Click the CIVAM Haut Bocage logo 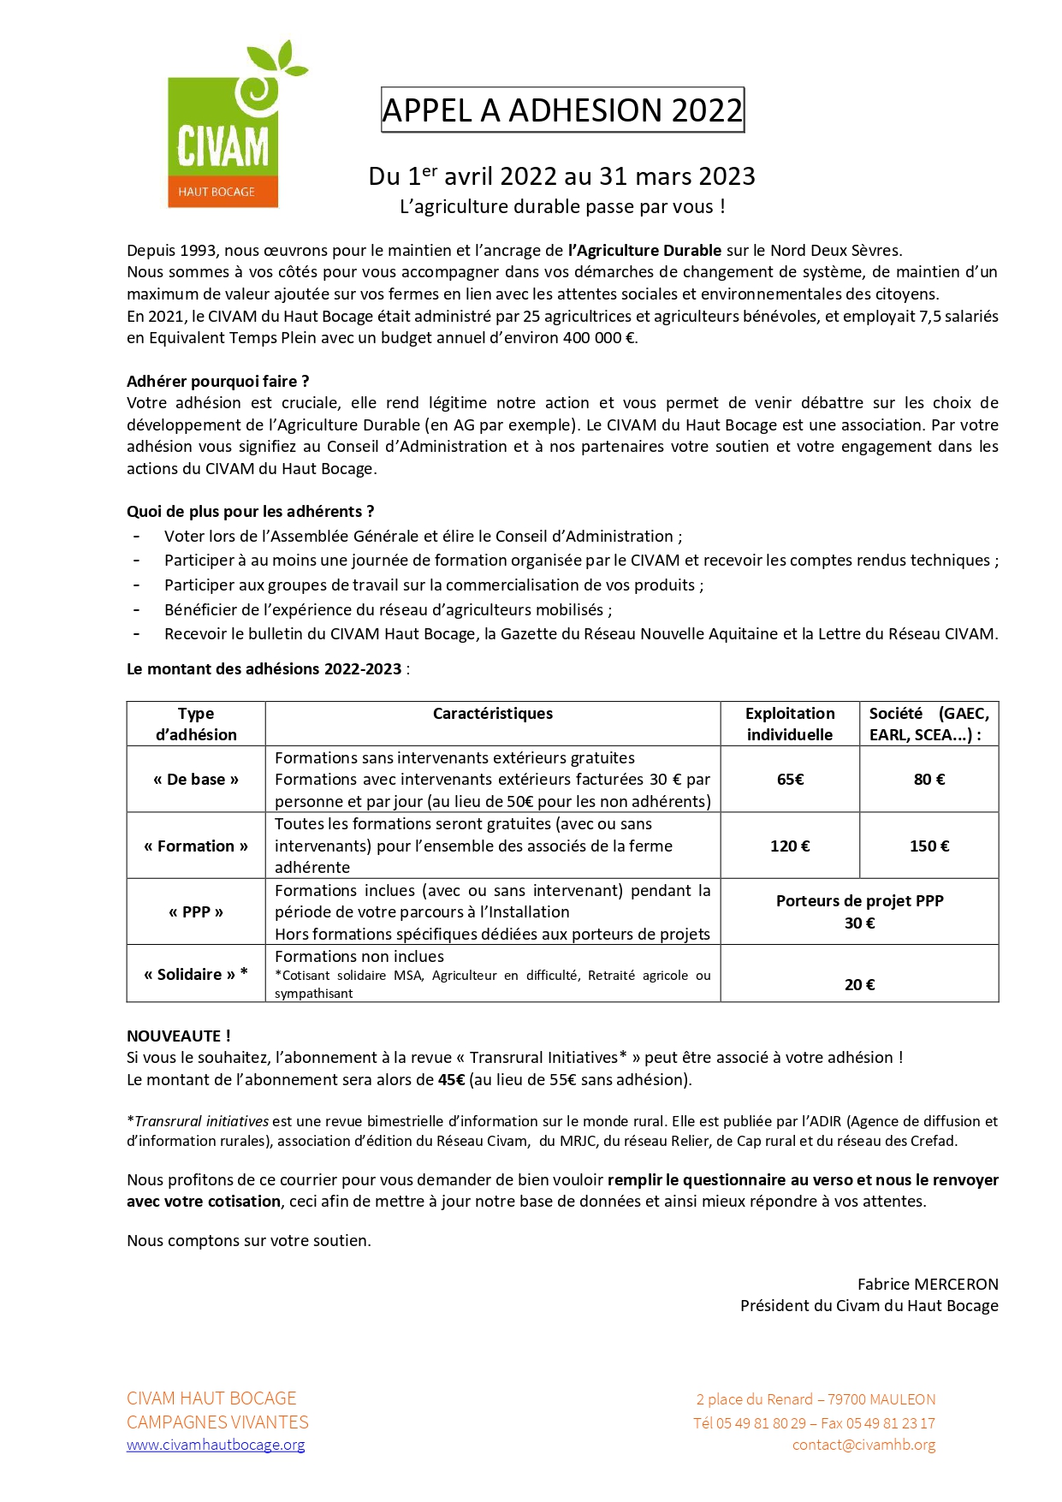click(x=223, y=128)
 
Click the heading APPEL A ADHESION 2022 click(x=562, y=110)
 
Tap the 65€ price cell click(x=790, y=780)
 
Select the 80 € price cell click(x=929, y=780)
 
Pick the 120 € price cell click(x=790, y=846)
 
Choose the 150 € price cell click(x=929, y=846)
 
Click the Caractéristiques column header click(x=492, y=714)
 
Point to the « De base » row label click(x=196, y=780)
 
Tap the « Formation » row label click(x=196, y=846)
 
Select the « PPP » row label click(x=196, y=912)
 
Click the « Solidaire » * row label click(x=196, y=974)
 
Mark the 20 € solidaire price click(x=859, y=985)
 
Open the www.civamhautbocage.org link click(x=216, y=1445)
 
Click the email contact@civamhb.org click(x=863, y=1445)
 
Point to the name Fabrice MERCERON click(x=928, y=1284)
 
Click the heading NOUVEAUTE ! click(x=178, y=1036)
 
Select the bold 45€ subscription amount click(x=451, y=1080)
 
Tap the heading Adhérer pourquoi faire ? click(x=217, y=382)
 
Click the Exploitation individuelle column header click(x=790, y=724)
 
